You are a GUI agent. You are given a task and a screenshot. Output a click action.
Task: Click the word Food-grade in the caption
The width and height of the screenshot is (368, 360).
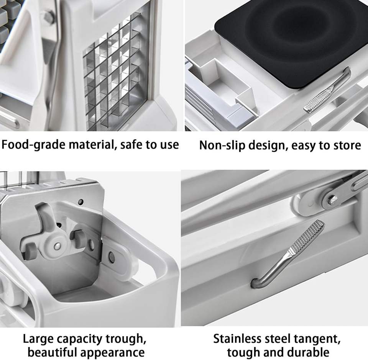click(33, 144)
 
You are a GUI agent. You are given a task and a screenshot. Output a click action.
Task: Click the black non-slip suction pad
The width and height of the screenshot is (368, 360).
click(291, 40)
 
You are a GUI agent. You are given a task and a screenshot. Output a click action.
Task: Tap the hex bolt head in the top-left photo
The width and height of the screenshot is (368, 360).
click(49, 16)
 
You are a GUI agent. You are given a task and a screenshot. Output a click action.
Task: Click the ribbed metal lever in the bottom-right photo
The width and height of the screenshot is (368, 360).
click(288, 254)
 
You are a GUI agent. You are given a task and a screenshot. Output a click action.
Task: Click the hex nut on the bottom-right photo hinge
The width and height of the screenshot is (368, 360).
click(332, 200)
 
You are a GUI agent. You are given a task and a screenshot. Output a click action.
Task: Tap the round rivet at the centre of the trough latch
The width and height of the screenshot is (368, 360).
click(57, 246)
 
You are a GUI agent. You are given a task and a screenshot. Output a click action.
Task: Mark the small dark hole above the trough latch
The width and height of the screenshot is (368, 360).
click(81, 202)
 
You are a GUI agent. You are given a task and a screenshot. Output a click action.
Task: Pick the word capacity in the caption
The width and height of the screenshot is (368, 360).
click(80, 339)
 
